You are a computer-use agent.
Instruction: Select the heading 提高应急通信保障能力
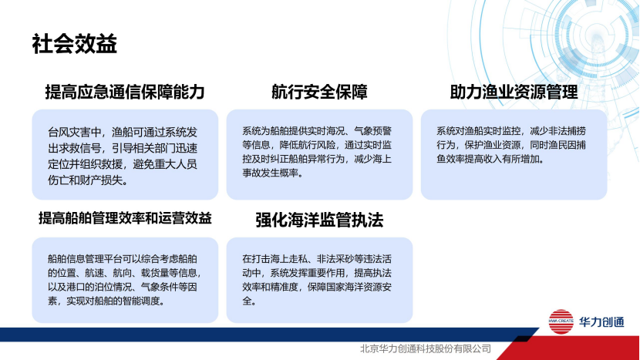125,93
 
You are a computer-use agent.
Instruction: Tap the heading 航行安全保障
319,93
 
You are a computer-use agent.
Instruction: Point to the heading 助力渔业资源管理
514,93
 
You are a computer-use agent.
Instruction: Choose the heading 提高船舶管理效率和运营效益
125,218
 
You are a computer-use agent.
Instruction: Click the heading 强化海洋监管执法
319,220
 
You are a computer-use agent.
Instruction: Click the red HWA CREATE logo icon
561,321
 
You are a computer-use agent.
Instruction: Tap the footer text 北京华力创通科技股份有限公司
426,348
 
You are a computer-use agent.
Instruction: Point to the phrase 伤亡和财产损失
85,181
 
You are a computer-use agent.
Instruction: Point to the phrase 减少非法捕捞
558,130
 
